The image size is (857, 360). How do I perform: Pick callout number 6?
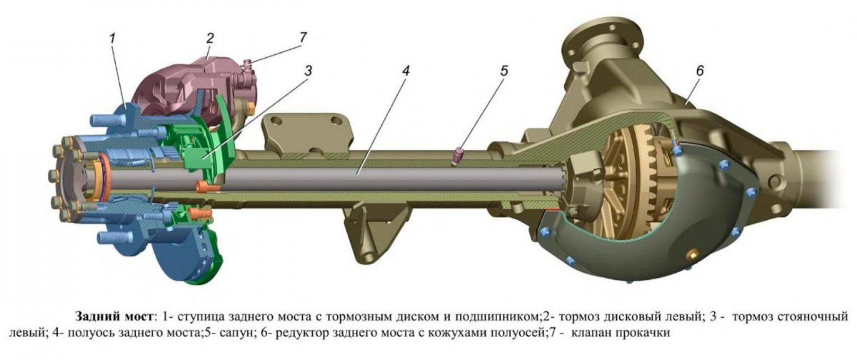pos(700,71)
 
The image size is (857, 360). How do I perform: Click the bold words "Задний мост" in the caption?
pos(109,316)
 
